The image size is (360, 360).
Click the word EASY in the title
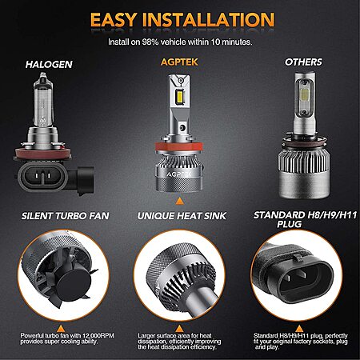(113, 19)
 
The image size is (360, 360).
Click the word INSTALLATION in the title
(208, 19)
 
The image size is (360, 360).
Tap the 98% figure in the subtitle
(150, 42)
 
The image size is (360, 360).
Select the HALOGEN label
(49, 64)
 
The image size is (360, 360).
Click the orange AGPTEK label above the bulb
(179, 62)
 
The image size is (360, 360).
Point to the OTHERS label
(303, 62)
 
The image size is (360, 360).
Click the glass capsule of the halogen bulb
(43, 100)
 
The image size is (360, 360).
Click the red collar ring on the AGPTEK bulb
(179, 146)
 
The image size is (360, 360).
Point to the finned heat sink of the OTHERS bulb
(304, 159)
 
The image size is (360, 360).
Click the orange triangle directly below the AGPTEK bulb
(179, 201)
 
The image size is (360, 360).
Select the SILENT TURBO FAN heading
(66, 216)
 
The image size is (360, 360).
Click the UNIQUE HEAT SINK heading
(182, 216)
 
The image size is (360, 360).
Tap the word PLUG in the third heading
(290, 224)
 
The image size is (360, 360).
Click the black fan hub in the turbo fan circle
(70, 285)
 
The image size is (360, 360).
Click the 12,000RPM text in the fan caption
(98, 335)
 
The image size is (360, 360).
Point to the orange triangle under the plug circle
(299, 329)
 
